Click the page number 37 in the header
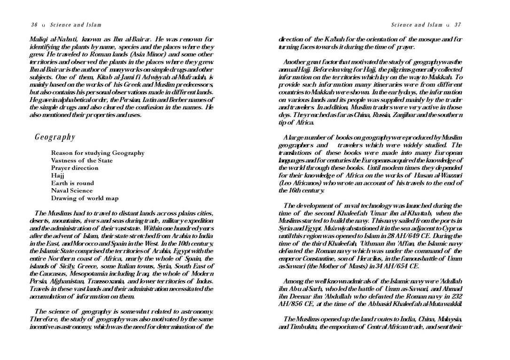point(457,25)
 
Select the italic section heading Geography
point(55,137)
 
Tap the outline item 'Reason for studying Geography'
point(98,153)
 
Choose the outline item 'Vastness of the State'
point(82,161)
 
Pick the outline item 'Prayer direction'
point(75,168)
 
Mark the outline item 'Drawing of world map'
point(85,198)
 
